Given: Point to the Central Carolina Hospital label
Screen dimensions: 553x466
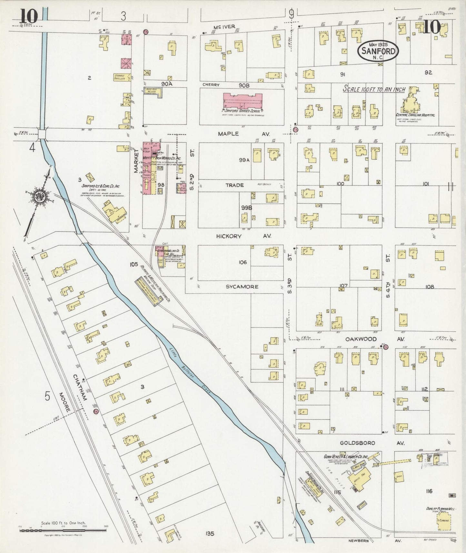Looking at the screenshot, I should (x=415, y=115).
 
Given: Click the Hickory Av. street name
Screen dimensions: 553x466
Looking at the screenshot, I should (x=244, y=236).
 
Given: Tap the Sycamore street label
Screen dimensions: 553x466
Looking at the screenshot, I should (x=242, y=287).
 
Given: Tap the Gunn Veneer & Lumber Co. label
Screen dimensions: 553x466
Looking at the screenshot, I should (x=346, y=457).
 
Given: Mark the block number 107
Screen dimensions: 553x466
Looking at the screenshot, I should (x=343, y=286).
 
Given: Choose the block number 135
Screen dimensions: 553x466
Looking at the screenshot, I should (x=210, y=534).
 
